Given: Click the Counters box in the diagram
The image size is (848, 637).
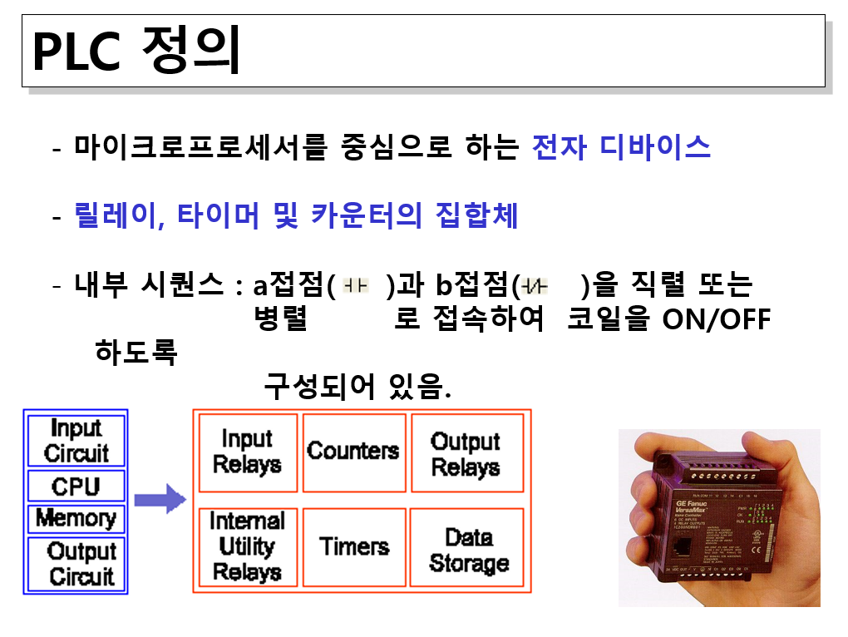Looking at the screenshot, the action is click(354, 452).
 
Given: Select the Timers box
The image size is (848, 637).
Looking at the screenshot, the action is click(354, 546).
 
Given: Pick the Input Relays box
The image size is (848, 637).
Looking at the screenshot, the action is click(247, 452).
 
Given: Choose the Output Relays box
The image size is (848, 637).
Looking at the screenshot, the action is click(466, 453).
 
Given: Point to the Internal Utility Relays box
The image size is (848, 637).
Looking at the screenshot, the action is click(247, 546).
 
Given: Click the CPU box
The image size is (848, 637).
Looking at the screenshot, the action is click(76, 486).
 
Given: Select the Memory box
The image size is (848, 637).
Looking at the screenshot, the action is click(76, 518).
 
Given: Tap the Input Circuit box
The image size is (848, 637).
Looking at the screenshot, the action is click(76, 441).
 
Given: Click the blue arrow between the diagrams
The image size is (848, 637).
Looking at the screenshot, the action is click(160, 498).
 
